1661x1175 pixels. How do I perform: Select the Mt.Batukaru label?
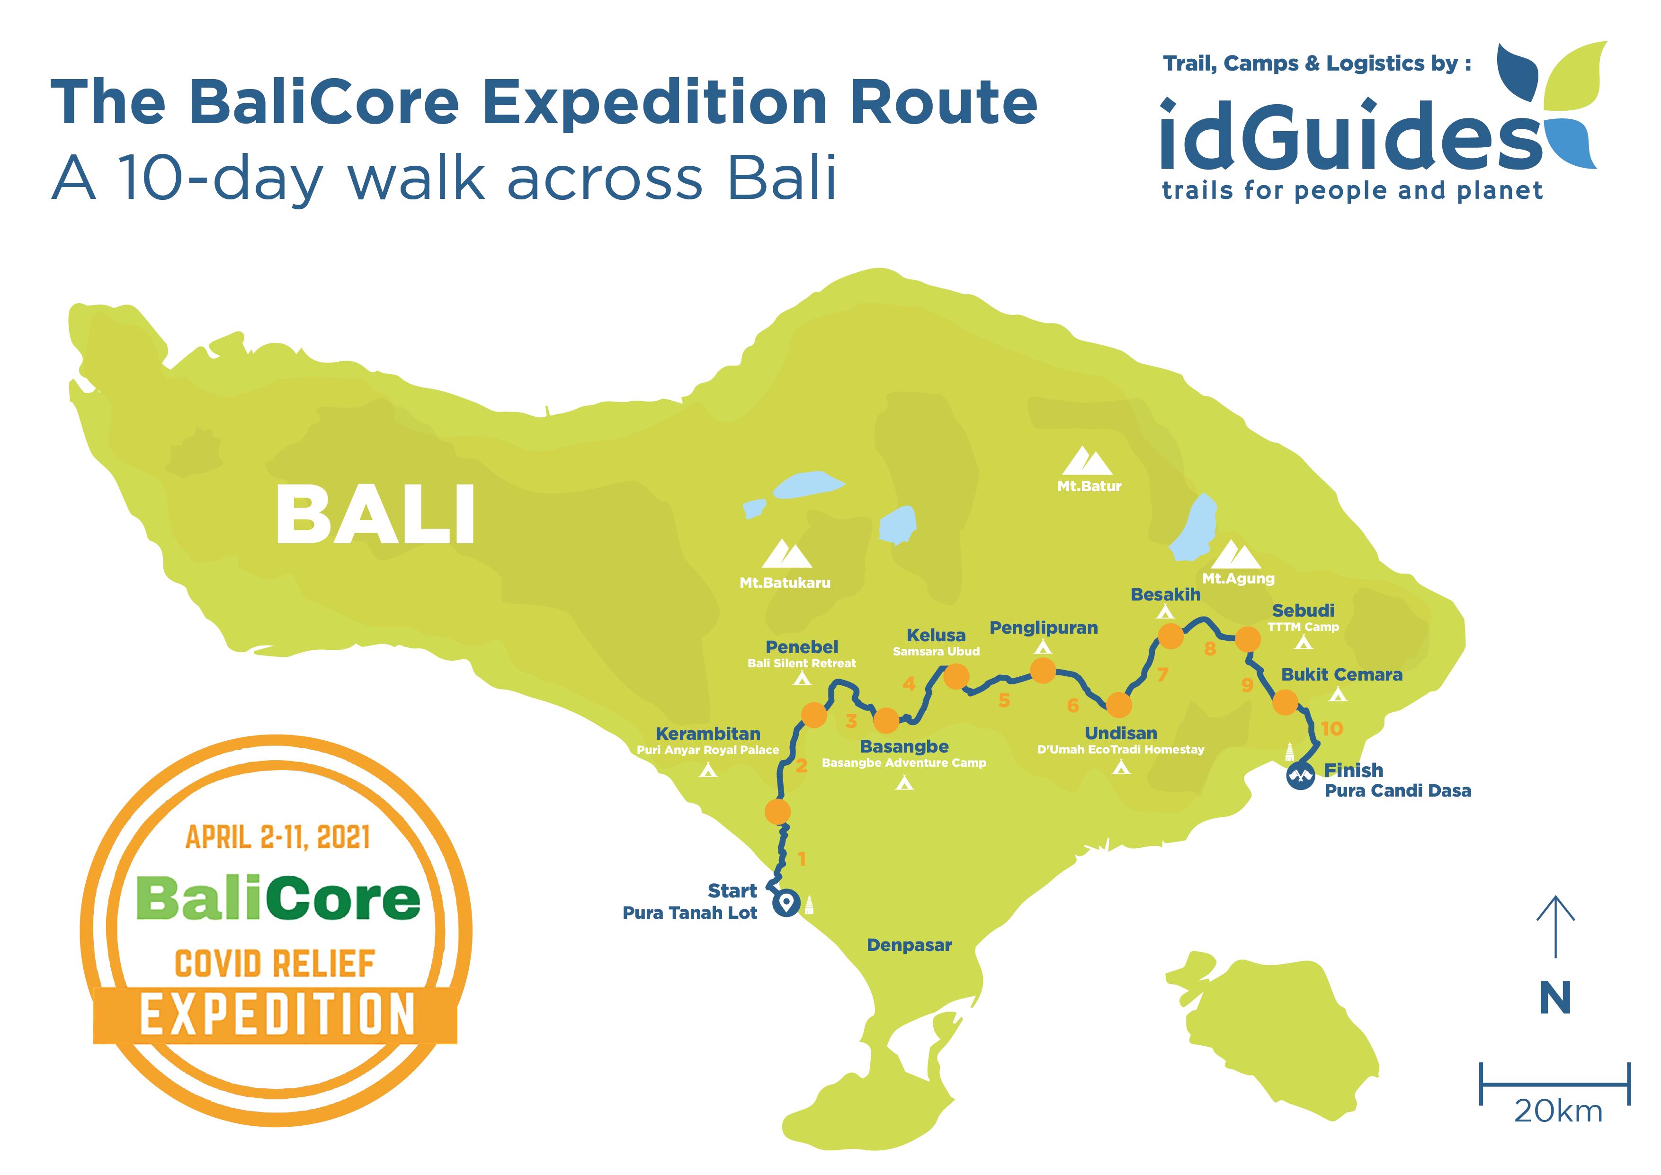[785, 583]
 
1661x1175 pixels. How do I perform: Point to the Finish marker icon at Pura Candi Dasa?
[1300, 777]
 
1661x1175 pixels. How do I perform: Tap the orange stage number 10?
[1332, 728]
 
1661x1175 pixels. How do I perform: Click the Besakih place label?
[1165, 595]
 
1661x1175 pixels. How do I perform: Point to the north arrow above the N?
[1555, 927]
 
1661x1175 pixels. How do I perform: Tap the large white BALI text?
[375, 515]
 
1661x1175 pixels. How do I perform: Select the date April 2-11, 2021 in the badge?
[278, 838]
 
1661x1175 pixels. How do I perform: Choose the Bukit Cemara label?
[1342, 675]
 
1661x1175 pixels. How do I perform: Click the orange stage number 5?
[1004, 700]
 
